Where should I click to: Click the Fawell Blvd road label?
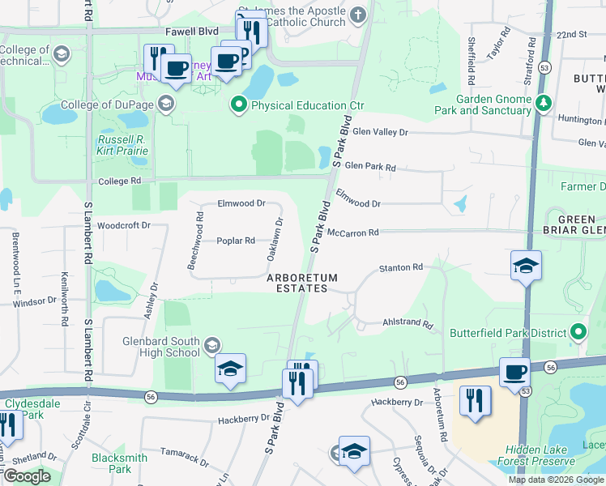[x=192, y=32]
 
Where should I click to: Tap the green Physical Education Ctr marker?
[x=239, y=104]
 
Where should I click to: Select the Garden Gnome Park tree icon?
[x=544, y=104]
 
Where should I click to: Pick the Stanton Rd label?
[x=402, y=267]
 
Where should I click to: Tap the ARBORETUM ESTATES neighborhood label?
[x=302, y=283]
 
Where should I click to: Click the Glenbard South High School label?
[x=160, y=347]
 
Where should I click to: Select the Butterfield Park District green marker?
[x=578, y=332]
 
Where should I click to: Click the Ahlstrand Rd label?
[x=408, y=322]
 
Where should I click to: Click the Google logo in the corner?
[x=27, y=476]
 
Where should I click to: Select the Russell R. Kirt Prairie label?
[x=122, y=145]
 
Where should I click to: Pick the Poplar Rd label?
[x=236, y=241]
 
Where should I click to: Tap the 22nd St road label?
[x=571, y=35]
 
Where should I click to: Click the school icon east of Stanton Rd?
[x=526, y=266]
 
